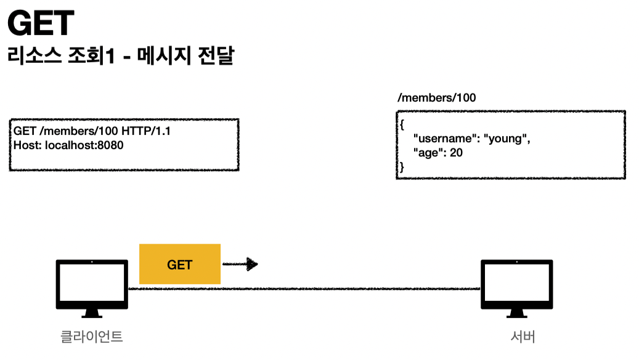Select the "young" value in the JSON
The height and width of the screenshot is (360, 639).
[x=508, y=139]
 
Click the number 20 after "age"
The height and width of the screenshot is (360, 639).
[x=456, y=152]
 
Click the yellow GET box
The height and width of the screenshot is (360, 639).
[x=180, y=264]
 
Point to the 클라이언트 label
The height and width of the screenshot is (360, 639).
[x=92, y=337]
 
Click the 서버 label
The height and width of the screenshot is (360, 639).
[x=523, y=337]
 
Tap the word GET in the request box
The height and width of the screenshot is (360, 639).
[x=25, y=131]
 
